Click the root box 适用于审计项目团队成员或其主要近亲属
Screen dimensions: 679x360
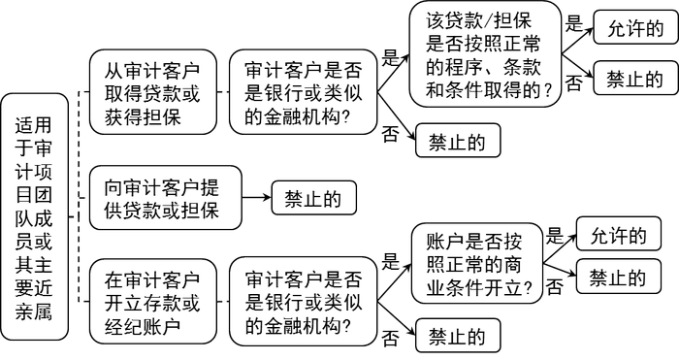point(35,216)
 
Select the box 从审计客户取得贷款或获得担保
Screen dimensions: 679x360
point(153,92)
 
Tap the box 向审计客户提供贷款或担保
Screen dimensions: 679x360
point(166,198)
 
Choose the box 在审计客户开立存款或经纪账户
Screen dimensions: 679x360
point(153,302)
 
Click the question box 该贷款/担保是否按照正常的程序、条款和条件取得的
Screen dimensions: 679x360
point(485,53)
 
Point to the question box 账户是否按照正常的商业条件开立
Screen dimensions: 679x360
point(477,263)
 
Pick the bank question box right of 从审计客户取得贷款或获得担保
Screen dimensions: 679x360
point(303,92)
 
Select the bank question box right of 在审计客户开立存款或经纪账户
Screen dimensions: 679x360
point(303,302)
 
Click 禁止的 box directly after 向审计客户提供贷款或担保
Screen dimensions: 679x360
point(314,198)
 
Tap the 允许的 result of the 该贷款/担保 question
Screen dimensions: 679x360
point(635,28)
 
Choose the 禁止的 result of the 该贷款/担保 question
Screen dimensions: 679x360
point(635,78)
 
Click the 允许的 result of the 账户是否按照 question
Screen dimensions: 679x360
point(619,234)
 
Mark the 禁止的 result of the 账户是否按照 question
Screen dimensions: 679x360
point(619,277)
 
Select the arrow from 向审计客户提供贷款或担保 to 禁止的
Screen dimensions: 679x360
point(257,198)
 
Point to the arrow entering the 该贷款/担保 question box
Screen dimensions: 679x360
point(393,74)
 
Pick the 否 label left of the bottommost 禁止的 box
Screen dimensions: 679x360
point(389,338)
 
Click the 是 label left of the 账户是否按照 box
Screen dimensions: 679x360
point(390,261)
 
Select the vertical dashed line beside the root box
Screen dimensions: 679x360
point(79,197)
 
